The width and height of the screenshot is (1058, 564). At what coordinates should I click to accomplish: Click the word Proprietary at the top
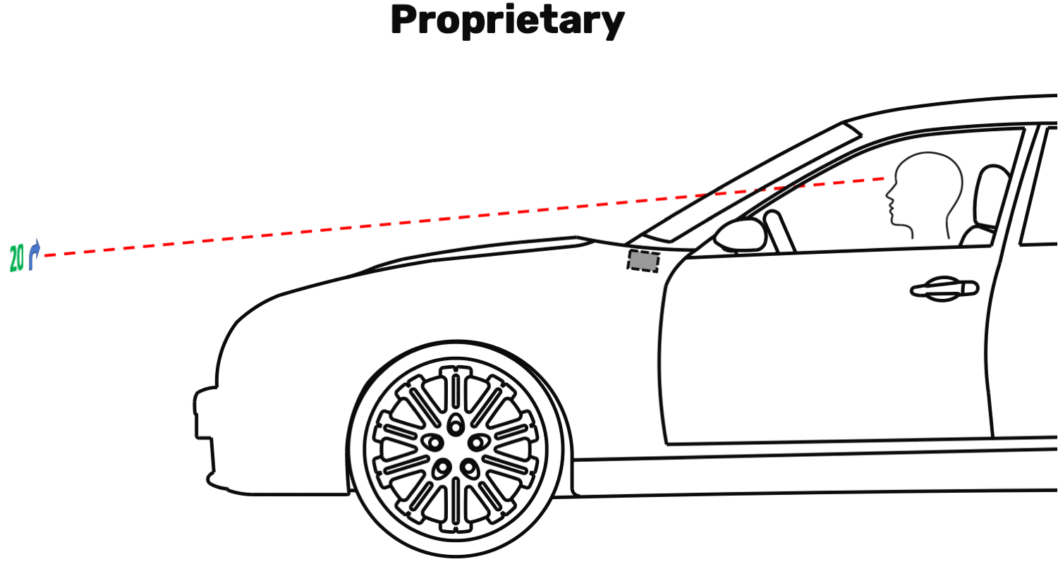point(508,20)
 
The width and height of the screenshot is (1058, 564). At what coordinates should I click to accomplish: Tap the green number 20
point(16,258)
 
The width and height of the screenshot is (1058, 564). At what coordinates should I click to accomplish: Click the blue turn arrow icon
point(34,255)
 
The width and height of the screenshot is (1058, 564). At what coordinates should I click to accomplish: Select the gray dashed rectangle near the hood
point(643,261)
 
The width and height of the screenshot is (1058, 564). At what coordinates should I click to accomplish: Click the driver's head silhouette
point(925,193)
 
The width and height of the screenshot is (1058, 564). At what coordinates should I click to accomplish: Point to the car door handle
point(944,289)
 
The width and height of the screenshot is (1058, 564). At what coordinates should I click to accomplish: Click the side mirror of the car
point(740,235)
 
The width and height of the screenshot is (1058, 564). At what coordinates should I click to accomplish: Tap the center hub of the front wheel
point(456,448)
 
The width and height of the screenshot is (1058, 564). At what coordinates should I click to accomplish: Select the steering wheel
point(779,231)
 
